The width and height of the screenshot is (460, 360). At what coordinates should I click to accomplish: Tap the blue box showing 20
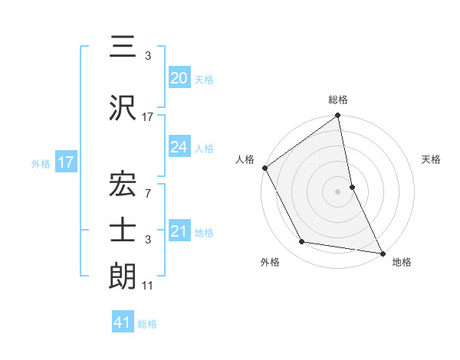pos(179,77)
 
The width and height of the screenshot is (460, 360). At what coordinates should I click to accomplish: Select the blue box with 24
pos(179,147)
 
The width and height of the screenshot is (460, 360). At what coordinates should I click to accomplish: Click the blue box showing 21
pos(179,231)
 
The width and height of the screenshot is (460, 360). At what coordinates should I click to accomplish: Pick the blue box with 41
pos(123,322)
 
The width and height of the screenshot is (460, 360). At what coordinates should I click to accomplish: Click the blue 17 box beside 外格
pos(65,162)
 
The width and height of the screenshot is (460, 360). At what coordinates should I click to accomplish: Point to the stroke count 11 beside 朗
pos(148,286)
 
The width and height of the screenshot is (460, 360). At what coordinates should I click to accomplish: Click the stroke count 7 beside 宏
pos(148,193)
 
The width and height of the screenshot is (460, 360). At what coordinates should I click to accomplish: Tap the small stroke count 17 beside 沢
pos(148,117)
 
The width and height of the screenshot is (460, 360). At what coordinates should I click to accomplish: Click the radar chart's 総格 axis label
pos(338,100)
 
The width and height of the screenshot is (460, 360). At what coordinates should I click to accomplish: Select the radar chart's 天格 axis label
pos(432,159)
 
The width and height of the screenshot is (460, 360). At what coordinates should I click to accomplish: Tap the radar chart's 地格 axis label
pos(402,262)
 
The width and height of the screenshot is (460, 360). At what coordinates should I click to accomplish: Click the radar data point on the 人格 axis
pos(264,168)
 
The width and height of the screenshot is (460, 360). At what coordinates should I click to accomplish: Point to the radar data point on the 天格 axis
pos(352,187)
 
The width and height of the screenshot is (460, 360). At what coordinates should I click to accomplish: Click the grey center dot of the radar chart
pos(338,191)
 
